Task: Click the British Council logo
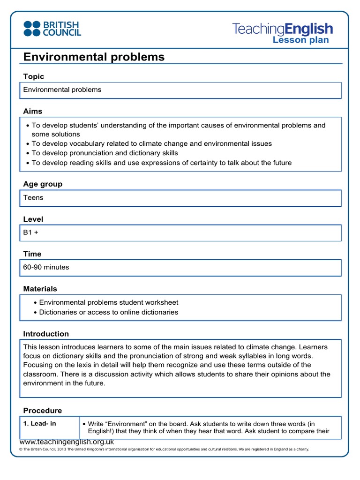click(x=52, y=29)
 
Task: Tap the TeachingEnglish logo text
click(x=283, y=29)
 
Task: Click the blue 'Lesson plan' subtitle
click(x=300, y=40)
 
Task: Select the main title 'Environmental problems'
click(x=94, y=57)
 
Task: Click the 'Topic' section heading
click(x=34, y=76)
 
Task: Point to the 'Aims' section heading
click(x=33, y=111)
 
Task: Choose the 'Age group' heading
click(x=43, y=184)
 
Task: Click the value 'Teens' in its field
click(x=33, y=198)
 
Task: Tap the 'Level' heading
click(x=33, y=219)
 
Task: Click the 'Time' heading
click(x=32, y=254)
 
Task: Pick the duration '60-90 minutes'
click(x=46, y=267)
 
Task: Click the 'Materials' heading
click(x=40, y=289)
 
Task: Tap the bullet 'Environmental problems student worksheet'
click(x=108, y=303)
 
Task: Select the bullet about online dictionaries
click(x=108, y=312)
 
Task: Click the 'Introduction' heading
click(x=46, y=334)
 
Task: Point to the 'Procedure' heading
click(x=43, y=411)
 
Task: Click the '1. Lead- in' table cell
click(x=40, y=424)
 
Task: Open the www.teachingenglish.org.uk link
click(x=67, y=442)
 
